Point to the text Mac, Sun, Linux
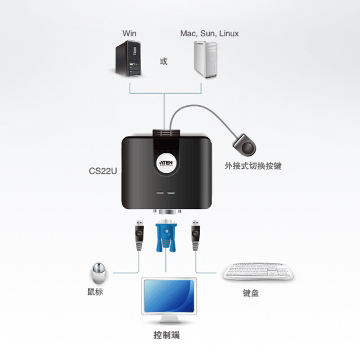pos(209,33)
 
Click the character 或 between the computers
pos(164,61)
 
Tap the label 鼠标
pos(95,292)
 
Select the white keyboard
pos(259,271)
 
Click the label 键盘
pos(251,293)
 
